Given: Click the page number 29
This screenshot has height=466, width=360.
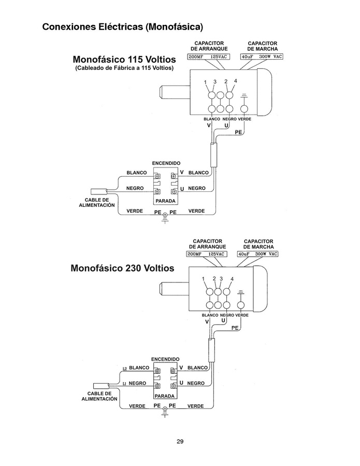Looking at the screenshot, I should coord(180,442).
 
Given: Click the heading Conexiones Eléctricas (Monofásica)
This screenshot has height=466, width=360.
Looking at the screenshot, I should coord(122,26).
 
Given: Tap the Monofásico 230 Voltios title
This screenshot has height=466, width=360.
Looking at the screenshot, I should coord(122,269).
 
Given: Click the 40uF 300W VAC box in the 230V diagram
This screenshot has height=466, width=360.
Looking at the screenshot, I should coord(257,254).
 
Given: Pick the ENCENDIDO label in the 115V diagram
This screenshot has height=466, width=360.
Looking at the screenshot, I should coord(166,163).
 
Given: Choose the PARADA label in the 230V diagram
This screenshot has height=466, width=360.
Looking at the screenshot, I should coord(165,396).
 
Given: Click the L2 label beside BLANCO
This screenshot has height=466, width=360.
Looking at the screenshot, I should coord(125,368).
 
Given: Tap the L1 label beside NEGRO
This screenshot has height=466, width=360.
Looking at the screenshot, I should coord(125,384).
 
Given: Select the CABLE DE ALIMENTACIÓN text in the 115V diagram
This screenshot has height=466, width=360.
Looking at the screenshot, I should coord(97,202).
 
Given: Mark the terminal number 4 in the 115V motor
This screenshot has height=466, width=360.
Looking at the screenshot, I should coord(235,81).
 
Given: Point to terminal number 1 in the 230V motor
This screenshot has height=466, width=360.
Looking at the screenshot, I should coord(204,279).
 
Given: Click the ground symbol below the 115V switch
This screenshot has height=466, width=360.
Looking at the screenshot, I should coord(165,218).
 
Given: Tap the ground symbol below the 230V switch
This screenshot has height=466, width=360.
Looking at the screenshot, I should coord(165,413).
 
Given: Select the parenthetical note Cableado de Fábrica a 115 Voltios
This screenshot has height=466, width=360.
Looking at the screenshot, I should coord(124,68).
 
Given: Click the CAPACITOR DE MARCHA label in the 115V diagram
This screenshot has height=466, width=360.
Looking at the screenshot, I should coord(262,46).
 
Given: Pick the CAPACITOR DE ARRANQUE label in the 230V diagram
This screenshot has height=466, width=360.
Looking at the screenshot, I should coord(207,244).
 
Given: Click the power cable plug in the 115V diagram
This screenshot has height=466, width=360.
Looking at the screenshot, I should coord(98,191).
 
